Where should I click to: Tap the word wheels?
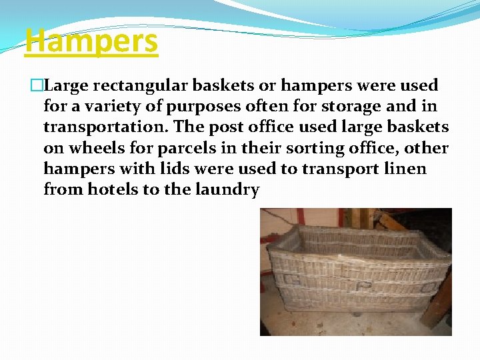click(97, 148)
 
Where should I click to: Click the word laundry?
click(227, 189)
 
